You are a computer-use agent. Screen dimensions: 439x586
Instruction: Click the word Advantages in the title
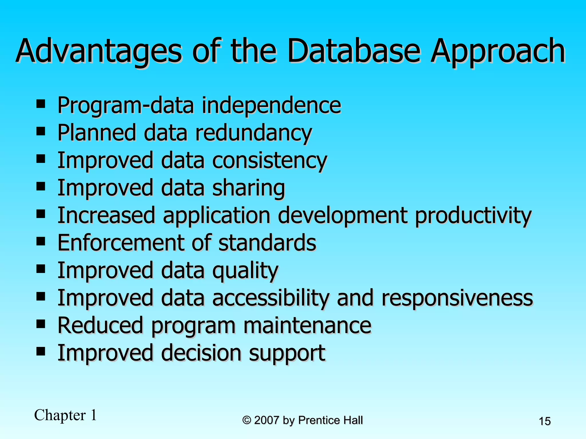(x=99, y=51)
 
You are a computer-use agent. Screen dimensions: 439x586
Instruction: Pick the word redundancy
(x=253, y=133)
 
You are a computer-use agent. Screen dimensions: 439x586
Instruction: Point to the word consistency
(x=270, y=161)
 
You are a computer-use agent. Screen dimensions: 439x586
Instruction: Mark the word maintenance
(x=307, y=326)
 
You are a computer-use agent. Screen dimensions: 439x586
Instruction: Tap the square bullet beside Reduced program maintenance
(x=41, y=324)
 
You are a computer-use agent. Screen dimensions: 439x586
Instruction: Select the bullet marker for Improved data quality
(x=41, y=269)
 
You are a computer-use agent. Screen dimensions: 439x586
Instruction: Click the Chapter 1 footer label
(x=66, y=415)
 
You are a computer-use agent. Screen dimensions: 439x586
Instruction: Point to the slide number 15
(x=545, y=421)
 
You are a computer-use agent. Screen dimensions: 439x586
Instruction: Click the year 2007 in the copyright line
(x=266, y=420)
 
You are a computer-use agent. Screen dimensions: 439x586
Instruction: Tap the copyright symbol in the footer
(x=247, y=420)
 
